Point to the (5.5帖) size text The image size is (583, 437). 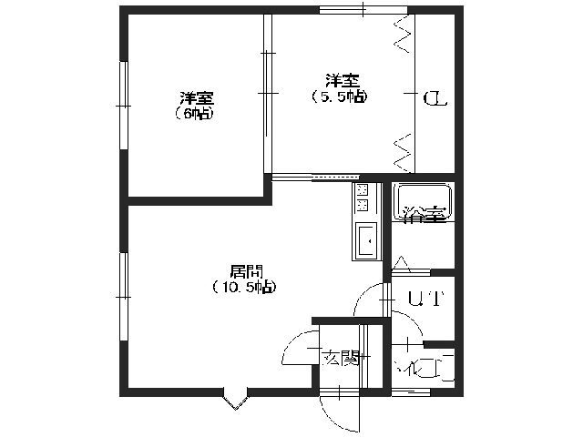[x=338, y=95]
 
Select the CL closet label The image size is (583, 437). [x=435, y=98]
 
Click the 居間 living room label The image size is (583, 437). [x=245, y=271]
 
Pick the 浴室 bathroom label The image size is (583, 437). [x=424, y=216]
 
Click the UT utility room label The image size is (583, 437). [x=424, y=298]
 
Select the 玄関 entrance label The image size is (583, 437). [x=339, y=358]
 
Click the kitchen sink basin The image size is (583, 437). [x=366, y=240]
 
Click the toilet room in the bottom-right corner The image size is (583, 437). [x=424, y=368]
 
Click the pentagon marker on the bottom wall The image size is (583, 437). [x=234, y=398]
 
